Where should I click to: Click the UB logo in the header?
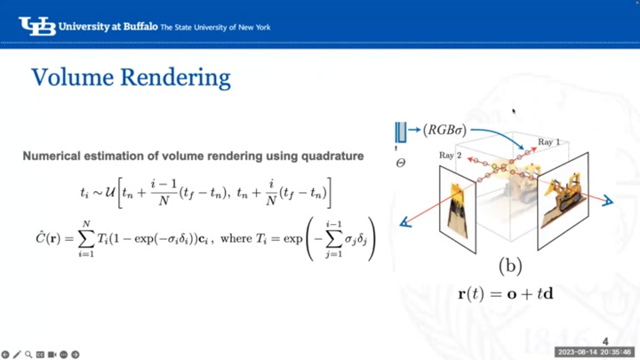(36, 26)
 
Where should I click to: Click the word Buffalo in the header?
(136, 27)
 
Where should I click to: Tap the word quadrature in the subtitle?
(329, 156)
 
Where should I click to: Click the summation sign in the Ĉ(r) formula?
(86, 238)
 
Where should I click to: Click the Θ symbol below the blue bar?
(401, 164)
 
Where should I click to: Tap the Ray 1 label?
(548, 141)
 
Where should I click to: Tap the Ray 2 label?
(451, 156)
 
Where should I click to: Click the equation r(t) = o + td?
(506, 292)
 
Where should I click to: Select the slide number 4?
(605, 341)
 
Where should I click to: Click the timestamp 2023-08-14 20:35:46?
(595, 353)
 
